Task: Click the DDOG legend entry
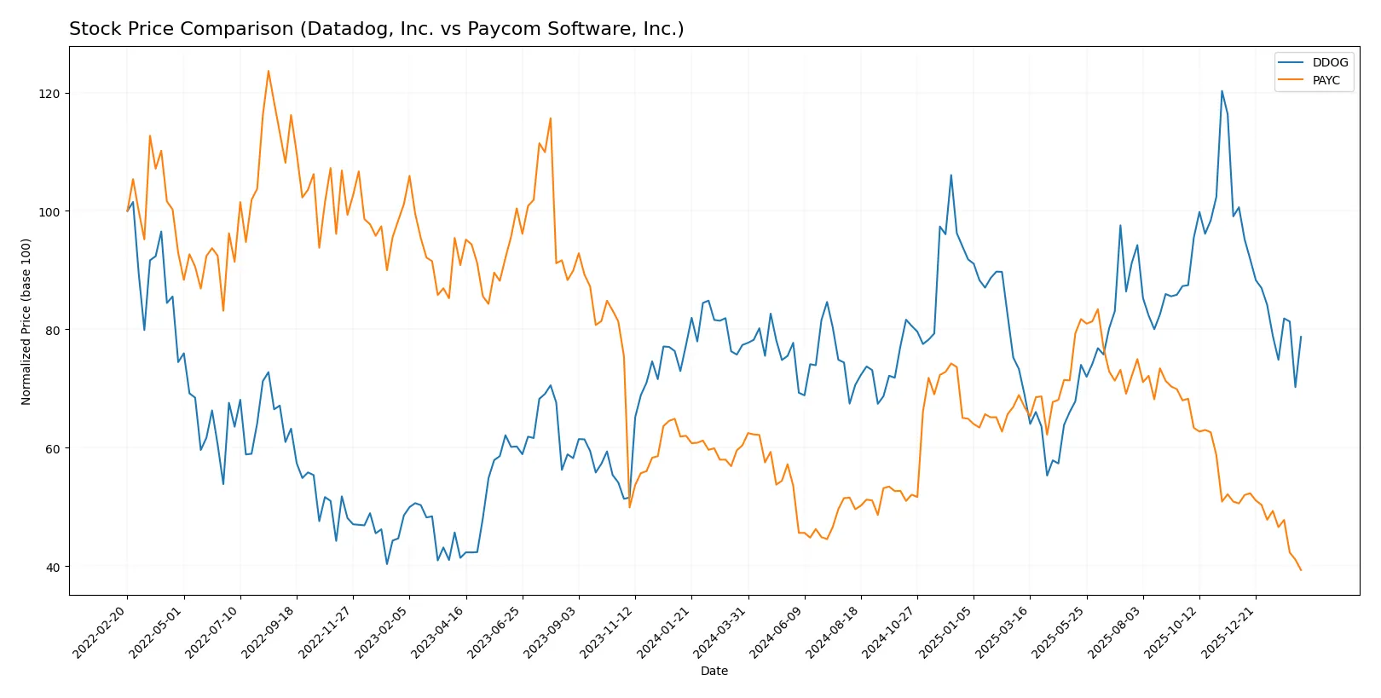(1329, 62)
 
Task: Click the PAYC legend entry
(1326, 80)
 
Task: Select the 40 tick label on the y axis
(52, 567)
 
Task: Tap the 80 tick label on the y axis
(52, 330)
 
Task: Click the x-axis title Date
(714, 671)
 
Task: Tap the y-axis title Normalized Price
(26, 321)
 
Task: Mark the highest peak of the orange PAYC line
(269, 71)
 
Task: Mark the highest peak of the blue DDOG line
(1222, 91)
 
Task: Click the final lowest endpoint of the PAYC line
(1301, 570)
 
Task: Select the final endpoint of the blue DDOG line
(1301, 337)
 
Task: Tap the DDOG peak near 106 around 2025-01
(951, 176)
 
